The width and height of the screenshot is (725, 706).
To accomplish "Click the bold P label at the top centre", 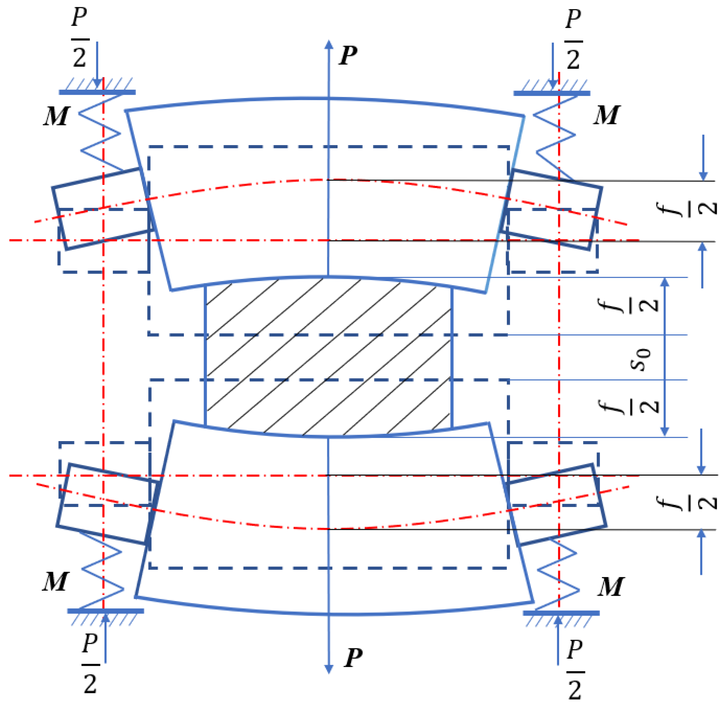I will [348, 56].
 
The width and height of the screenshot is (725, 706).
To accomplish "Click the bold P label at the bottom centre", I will [353, 658].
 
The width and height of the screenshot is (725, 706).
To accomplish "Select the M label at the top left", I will [56, 116].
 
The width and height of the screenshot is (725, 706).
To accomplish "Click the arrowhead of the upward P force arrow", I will [329, 44].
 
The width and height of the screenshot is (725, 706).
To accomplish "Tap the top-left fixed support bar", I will [97, 92].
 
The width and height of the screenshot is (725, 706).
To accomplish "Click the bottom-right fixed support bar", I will [561, 613].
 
